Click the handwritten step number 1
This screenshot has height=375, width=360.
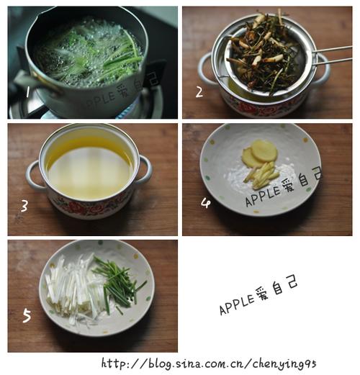(27, 92)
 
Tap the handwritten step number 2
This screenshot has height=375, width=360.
(199, 92)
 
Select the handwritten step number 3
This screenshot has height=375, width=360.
(24, 207)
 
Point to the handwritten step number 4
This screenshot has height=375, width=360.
(206, 203)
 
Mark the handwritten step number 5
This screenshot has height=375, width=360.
(27, 316)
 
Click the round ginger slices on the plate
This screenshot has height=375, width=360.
(260, 154)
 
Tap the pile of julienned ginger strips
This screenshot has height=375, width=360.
(261, 176)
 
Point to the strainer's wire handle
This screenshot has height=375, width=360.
(333, 55)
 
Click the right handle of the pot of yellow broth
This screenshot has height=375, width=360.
(145, 170)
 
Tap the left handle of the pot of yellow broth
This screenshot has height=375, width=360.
(34, 175)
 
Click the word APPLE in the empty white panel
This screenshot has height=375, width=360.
(237, 304)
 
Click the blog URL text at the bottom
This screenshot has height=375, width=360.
(208, 364)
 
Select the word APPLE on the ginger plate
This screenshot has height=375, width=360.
(263, 196)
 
